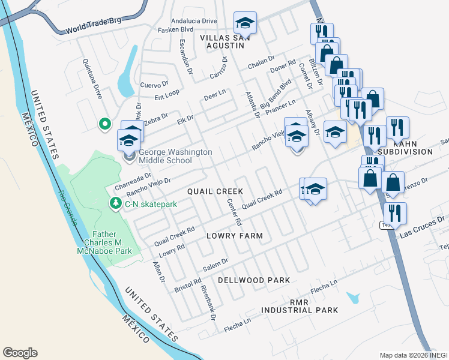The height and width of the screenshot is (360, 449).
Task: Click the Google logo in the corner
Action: click(x=20, y=353)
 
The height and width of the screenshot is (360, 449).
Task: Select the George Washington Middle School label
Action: click(x=175, y=157)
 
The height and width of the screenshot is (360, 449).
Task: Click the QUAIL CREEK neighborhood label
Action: click(x=215, y=191)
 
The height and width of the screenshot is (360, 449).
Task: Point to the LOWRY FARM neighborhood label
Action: click(x=235, y=236)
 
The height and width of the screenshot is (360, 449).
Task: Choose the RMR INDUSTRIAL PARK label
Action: click(x=299, y=307)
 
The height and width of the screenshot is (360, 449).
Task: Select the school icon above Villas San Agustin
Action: click(x=245, y=23)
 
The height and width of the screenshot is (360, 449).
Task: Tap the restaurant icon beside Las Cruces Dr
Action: click(x=395, y=213)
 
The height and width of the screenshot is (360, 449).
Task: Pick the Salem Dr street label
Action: click(x=217, y=263)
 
